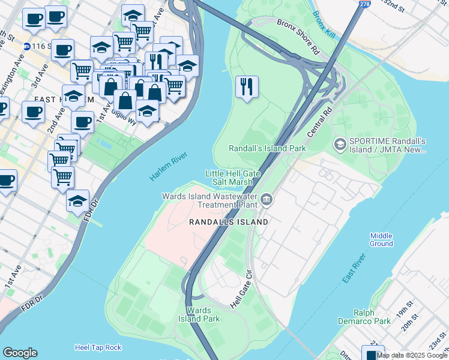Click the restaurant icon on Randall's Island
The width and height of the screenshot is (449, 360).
tap(247, 88)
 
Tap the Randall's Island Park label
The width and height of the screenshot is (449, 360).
tap(267, 148)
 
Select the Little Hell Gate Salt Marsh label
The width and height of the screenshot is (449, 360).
tap(232, 178)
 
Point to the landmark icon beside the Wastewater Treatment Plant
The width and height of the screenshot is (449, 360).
tap(266, 199)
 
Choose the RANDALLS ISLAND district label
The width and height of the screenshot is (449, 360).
tap(228, 222)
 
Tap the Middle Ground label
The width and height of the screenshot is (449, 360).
tap(381, 239)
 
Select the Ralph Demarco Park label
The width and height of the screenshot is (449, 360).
tap(372, 317)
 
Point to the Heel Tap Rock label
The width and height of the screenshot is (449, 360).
tap(98, 347)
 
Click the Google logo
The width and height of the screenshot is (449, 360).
tap(20, 353)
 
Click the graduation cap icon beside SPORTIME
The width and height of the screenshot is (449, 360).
tap(340, 145)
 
